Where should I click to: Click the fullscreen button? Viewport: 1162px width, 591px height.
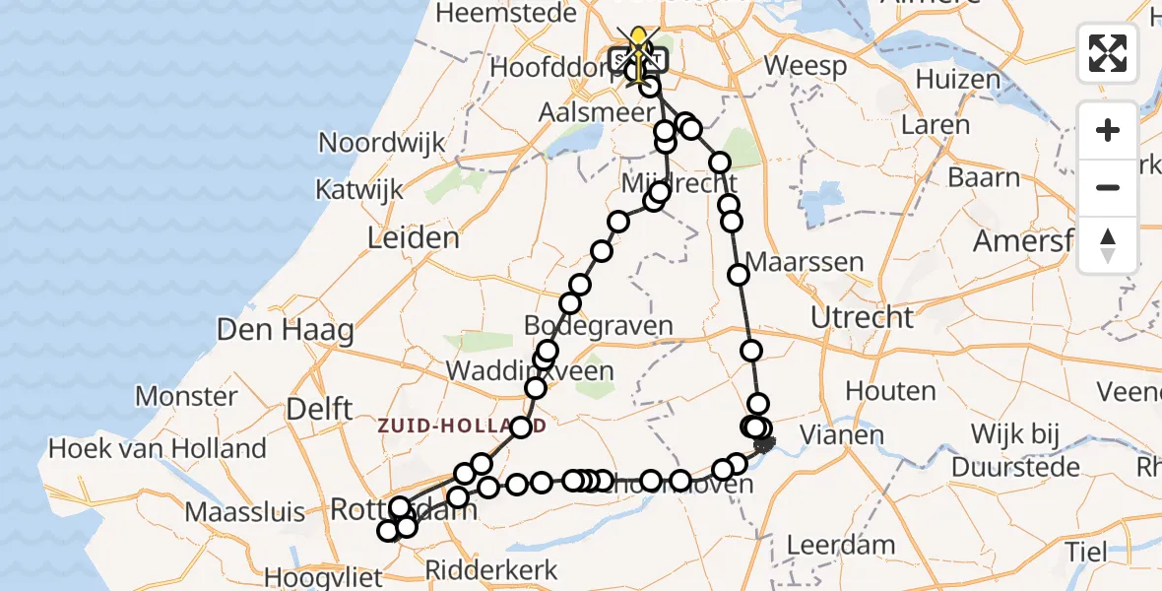(1108, 53)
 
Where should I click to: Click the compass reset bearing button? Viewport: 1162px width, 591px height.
(1108, 245)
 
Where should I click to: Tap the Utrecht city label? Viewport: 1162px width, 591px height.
(862, 317)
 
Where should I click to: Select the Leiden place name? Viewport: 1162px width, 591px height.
(413, 237)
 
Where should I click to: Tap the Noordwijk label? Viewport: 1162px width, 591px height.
(382, 143)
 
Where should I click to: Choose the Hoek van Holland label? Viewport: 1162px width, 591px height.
(158, 449)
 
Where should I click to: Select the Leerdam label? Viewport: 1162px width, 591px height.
(841, 545)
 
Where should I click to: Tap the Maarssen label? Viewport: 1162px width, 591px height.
(806, 263)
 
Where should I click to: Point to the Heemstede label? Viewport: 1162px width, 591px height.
(491, 14)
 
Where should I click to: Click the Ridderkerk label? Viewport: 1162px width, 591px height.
(491, 570)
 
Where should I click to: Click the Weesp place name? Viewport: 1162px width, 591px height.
(805, 67)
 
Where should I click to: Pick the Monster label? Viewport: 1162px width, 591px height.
(186, 397)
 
